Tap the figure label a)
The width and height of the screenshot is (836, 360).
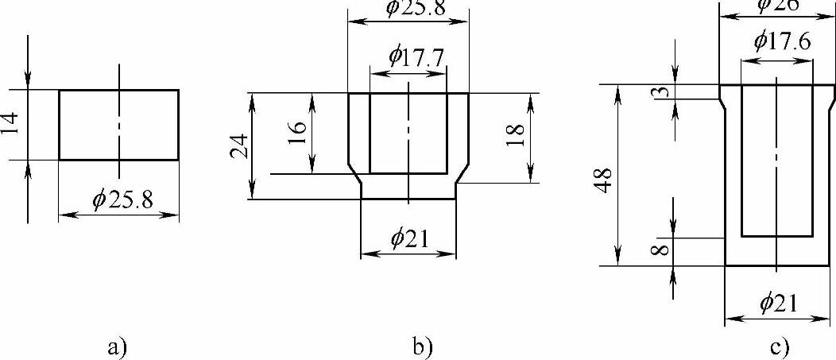pyautogui.click(x=118, y=346)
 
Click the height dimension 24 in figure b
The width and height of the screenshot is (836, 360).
pyautogui.click(x=241, y=146)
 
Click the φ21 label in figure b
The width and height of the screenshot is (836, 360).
pyautogui.click(x=408, y=237)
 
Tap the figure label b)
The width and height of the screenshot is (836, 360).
pyautogui.click(x=422, y=346)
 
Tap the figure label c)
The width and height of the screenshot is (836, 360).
pyautogui.click(x=779, y=346)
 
